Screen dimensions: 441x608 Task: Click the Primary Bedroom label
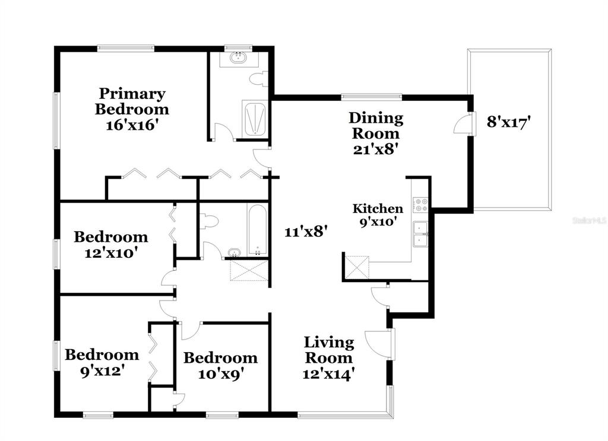coord(132,101)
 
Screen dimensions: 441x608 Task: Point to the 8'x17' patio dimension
coord(508,122)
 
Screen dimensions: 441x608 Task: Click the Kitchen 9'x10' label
coord(378,215)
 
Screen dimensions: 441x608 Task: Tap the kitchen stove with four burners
coord(421,205)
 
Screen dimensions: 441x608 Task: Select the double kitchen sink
coord(421,233)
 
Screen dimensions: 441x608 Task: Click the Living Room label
coord(329,350)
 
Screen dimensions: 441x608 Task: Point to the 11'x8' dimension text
coord(306,232)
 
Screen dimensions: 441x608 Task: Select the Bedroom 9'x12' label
coord(102,362)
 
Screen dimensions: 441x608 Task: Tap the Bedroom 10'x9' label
coord(220,365)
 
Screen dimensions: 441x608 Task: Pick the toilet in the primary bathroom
coord(258,79)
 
